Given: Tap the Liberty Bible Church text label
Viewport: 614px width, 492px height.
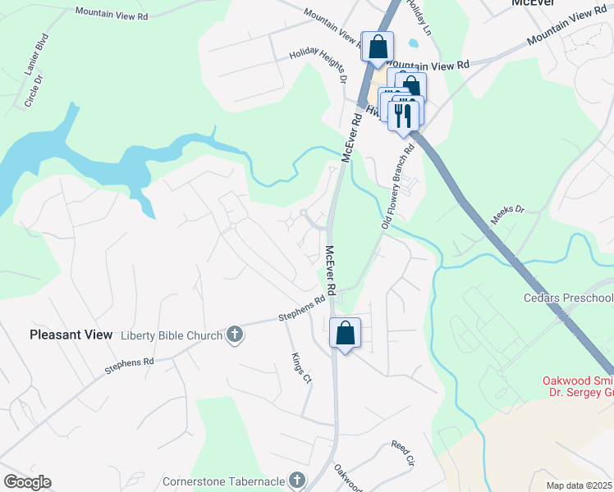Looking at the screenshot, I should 172,335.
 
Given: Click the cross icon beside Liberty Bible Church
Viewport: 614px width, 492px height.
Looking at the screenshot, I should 235,335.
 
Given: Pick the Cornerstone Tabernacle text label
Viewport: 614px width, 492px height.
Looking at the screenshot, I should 222,481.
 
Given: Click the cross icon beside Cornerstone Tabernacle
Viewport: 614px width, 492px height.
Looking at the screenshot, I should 296,480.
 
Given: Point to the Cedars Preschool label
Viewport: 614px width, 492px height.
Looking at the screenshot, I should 568,298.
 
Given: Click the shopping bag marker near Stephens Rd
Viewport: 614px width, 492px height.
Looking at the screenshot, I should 346,333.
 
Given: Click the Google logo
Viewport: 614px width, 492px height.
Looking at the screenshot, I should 27,482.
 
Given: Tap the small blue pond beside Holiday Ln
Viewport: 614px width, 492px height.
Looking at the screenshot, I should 413,41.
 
